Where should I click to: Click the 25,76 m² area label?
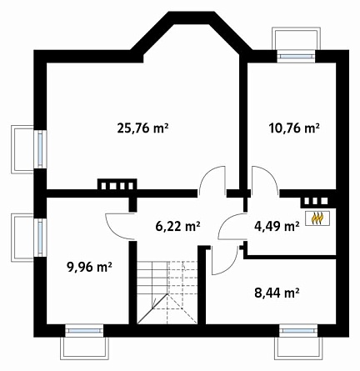(x=142, y=128)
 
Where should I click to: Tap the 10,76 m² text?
(x=294, y=128)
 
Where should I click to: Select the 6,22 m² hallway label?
(x=177, y=226)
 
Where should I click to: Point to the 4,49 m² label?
(x=277, y=226)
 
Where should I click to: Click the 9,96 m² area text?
(x=89, y=268)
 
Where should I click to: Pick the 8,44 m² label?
(x=277, y=293)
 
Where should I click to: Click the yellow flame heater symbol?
(x=317, y=218)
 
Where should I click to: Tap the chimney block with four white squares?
(x=117, y=184)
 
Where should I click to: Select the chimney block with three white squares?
(x=315, y=202)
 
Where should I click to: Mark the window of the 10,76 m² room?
(x=297, y=56)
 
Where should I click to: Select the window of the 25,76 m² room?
(x=41, y=149)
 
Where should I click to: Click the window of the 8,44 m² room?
(x=298, y=330)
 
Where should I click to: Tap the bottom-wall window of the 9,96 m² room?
(x=84, y=330)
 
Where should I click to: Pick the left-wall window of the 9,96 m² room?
(x=41, y=237)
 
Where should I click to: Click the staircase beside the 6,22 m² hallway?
(x=167, y=293)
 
